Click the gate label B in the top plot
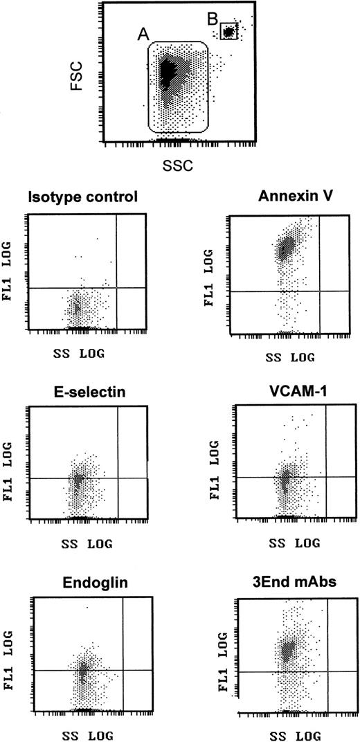click(x=213, y=19)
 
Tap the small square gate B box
click(x=229, y=31)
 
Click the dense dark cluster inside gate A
click(x=166, y=73)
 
